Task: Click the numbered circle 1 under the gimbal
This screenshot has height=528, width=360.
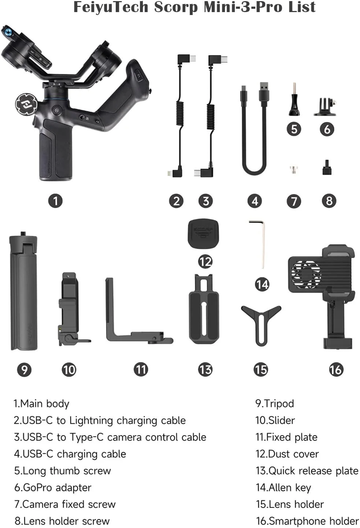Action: click(x=55, y=201)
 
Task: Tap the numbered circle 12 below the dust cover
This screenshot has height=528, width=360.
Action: click(x=205, y=262)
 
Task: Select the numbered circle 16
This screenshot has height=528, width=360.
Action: click(x=336, y=369)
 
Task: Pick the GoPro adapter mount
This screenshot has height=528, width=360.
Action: click(x=325, y=107)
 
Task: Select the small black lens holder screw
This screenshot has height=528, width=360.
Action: click(x=327, y=167)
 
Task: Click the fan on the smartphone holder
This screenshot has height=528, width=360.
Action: click(x=306, y=274)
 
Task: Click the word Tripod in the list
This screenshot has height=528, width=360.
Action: click(x=279, y=404)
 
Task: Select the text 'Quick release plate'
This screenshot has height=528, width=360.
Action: click(x=313, y=471)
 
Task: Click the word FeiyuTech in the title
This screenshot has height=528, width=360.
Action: click(x=111, y=7)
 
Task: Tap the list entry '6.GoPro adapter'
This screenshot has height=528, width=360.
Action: click(x=53, y=488)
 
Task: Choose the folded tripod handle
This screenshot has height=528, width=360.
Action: click(x=23, y=291)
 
